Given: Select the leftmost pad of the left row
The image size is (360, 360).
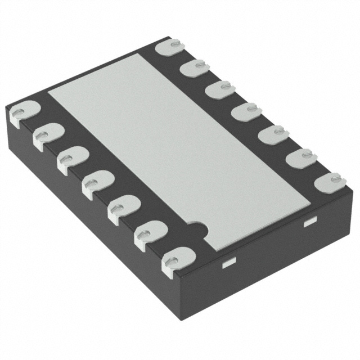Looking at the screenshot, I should tap(22, 110).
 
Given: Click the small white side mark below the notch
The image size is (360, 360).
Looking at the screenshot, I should tap(228, 262).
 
